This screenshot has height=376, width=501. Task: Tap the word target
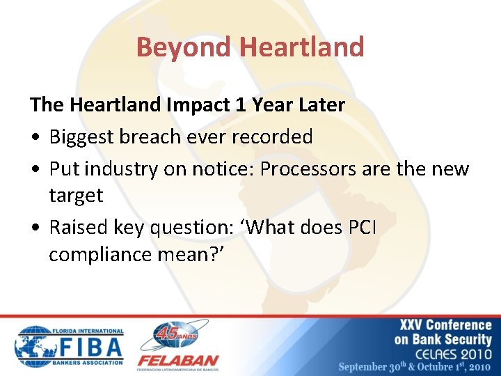[x=76, y=196]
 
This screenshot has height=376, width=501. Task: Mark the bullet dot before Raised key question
[x=35, y=228]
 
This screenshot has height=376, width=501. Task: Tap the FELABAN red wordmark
[x=177, y=361]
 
